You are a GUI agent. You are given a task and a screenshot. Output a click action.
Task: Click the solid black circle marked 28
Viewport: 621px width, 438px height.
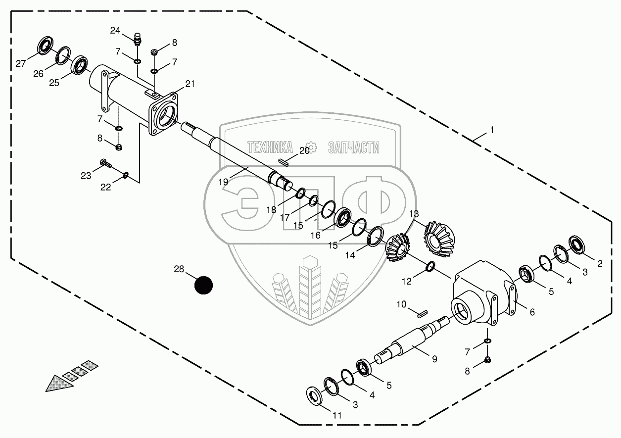203,285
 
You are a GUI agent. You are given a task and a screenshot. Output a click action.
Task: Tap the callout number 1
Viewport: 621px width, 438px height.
491,130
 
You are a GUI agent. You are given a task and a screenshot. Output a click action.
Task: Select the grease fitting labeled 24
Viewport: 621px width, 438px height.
138,39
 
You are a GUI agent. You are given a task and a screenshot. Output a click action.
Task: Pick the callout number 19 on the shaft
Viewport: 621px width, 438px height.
223,182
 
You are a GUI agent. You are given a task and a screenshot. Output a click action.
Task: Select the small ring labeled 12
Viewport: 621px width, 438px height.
430,267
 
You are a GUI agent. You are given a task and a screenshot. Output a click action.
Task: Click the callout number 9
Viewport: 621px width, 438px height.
434,359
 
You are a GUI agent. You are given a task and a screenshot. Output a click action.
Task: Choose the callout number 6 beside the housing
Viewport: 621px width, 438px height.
532,312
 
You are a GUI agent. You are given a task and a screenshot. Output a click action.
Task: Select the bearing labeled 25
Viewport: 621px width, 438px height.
80,66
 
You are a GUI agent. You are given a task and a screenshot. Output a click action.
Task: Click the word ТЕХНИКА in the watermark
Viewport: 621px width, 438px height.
270,147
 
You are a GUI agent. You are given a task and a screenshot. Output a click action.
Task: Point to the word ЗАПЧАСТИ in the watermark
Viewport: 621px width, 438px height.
354,147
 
